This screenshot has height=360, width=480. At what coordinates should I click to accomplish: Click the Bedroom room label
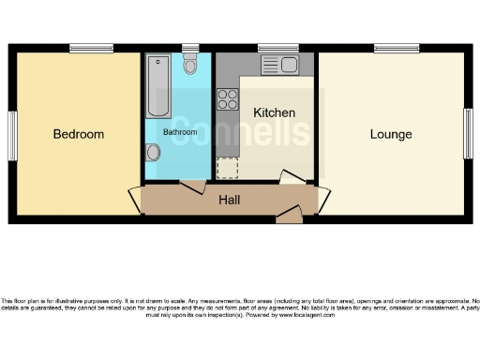78,134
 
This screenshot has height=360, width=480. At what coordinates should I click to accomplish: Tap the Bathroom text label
180,132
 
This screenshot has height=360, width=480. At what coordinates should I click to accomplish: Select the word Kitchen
275,112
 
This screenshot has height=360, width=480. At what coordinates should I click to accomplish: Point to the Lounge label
390,134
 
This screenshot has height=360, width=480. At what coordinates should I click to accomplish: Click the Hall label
230,200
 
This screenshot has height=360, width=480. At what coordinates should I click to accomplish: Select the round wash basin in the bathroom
153,154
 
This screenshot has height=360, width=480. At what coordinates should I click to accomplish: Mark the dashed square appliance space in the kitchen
227,168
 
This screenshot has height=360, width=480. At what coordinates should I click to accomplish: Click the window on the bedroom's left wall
13,135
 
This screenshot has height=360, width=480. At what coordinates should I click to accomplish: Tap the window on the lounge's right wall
467,135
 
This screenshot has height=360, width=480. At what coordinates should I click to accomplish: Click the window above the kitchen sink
277,49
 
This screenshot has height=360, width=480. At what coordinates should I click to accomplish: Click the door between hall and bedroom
135,199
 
